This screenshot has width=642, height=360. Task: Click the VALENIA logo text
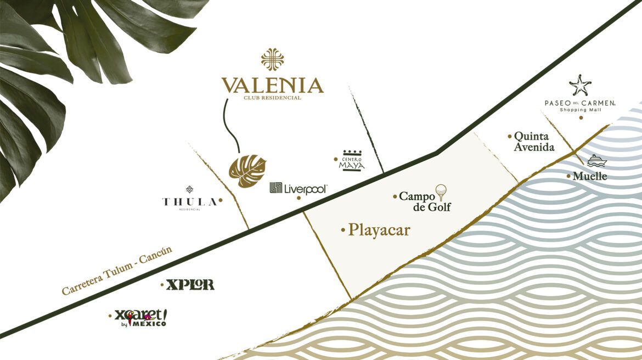[272, 86]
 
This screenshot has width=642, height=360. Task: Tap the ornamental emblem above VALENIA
[272, 59]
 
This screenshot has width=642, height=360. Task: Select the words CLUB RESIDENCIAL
[272, 98]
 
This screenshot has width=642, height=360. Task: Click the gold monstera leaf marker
[247, 171]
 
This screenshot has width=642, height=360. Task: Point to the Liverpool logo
[299, 189]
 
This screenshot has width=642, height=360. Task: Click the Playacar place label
[379, 230]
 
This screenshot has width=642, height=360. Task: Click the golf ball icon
[442, 191]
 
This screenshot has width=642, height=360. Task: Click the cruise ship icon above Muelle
[595, 161]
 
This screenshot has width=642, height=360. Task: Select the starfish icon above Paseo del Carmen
[580, 86]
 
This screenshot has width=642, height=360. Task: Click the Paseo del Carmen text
[580, 103]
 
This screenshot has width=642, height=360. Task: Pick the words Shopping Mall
[580, 110]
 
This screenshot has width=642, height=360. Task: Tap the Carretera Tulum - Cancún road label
[117, 271]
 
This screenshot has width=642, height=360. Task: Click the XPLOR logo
[190, 285]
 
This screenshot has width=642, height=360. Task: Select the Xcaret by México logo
[140, 318]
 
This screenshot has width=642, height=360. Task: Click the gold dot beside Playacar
[343, 229]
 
